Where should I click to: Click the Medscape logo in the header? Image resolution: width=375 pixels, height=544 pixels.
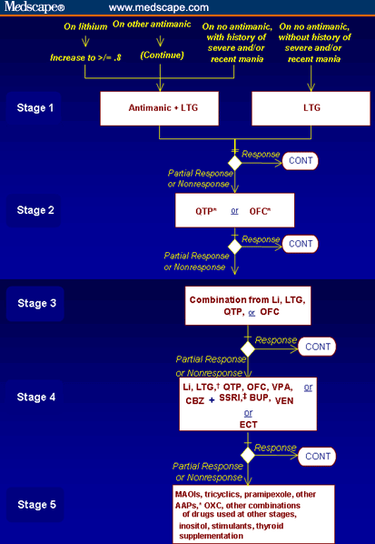coord(35,7)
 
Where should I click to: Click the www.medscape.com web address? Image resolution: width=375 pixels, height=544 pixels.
coord(159,7)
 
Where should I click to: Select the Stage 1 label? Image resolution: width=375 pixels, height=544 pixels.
coord(35,108)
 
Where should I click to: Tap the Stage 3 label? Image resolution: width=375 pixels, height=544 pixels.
coord(36,303)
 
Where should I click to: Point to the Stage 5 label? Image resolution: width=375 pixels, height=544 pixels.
coord(36,505)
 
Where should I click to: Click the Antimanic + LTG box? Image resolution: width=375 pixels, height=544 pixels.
coord(159,108)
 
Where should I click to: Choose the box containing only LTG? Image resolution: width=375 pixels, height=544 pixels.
coord(311,108)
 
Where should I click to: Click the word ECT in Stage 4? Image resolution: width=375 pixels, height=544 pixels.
coord(248,424)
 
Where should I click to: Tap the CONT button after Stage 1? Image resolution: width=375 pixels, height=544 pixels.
coord(301,161)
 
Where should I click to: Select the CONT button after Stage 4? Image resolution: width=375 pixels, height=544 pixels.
coord(317,456)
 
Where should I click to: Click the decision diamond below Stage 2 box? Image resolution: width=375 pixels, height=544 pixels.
coord(235,247)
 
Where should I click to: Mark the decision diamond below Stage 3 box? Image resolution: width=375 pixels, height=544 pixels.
coord(248,348)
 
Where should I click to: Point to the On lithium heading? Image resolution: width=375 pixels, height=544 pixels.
coord(85,26)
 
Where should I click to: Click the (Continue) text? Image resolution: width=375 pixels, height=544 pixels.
coord(162,55)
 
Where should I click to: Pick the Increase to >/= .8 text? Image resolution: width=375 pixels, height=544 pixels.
coord(85,57)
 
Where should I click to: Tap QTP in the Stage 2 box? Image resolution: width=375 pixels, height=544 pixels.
coord(206,211)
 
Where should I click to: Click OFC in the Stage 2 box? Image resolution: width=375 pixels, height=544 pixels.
coord(260,211)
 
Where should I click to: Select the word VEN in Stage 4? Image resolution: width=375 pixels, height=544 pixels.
coord(284,400)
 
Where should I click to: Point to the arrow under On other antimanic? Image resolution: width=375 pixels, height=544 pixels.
coord(160,41)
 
